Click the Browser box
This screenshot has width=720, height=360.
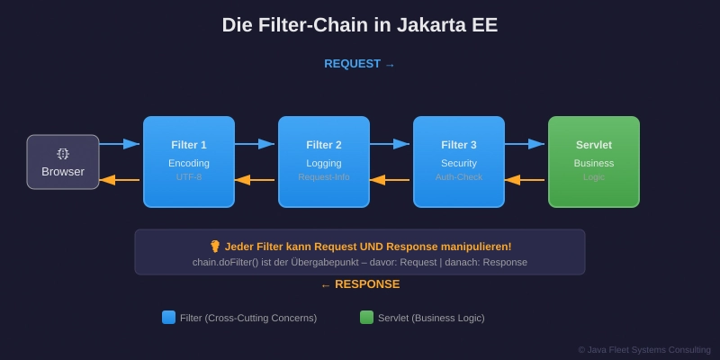click(x=63, y=162)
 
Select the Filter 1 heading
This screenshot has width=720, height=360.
click(x=189, y=145)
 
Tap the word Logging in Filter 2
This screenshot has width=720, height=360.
click(x=324, y=163)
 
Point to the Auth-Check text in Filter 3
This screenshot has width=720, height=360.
click(x=459, y=177)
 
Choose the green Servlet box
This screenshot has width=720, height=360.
click(x=594, y=162)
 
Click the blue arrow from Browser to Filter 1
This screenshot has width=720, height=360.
click(x=120, y=144)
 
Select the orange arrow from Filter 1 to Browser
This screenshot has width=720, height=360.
click(x=120, y=180)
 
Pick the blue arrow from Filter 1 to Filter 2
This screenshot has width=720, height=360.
click(x=255, y=144)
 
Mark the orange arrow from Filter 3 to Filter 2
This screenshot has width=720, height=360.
click(x=390, y=180)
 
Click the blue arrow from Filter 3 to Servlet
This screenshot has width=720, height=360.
click(x=525, y=144)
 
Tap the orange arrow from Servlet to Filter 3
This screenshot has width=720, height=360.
click(x=525, y=180)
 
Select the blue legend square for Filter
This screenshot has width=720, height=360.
click(x=168, y=317)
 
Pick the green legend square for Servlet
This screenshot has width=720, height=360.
click(x=366, y=317)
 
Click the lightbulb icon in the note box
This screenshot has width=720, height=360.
click(x=215, y=246)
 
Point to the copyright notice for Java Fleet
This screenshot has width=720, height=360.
click(x=644, y=349)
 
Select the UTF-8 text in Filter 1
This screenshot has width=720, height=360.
click(x=189, y=177)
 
